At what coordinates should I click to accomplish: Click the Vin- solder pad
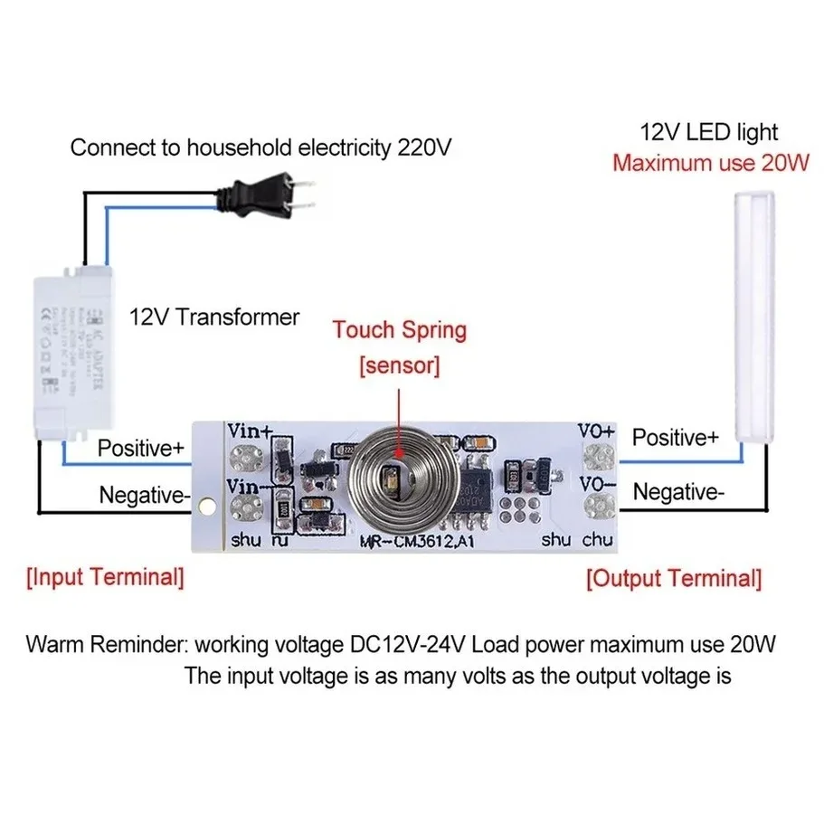pyautogui.click(x=245, y=507)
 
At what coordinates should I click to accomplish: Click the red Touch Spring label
pyautogui.click(x=399, y=330)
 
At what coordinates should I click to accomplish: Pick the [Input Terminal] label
pyautogui.click(x=105, y=577)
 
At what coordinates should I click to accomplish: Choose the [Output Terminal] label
pyautogui.click(x=674, y=579)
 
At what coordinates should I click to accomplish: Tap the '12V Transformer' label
pyautogui.click(x=214, y=317)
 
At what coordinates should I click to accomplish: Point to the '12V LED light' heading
pyautogui.click(x=708, y=132)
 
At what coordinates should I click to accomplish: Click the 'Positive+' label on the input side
pyautogui.click(x=141, y=448)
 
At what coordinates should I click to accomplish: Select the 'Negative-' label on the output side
pyautogui.click(x=677, y=493)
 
